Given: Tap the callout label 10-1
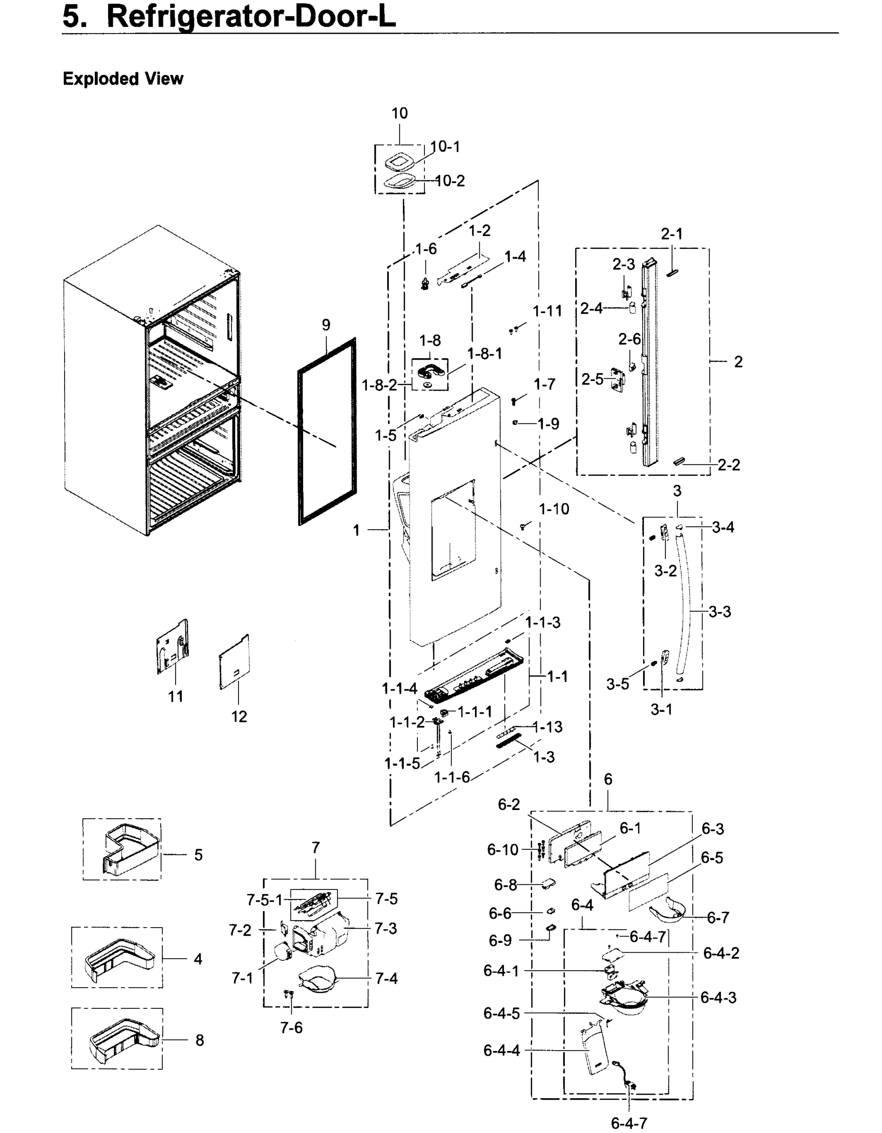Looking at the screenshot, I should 445,147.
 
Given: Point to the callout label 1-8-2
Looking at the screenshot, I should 379,385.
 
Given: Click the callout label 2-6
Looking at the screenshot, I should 629,339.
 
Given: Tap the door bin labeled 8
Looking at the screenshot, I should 125,1039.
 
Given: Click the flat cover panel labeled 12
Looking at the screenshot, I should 235,663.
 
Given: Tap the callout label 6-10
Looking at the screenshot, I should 502,850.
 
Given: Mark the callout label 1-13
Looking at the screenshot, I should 548,727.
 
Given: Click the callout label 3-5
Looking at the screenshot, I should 618,684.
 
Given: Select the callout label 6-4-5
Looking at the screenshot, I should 501,1013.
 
